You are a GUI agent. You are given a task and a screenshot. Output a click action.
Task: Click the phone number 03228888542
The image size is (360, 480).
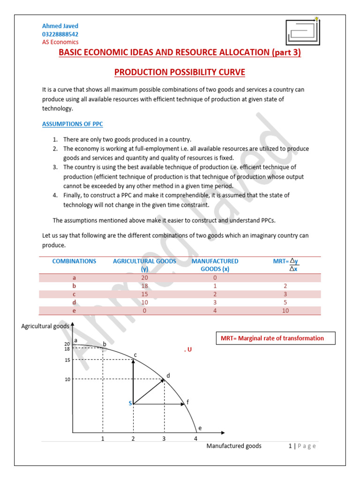tap(60, 34)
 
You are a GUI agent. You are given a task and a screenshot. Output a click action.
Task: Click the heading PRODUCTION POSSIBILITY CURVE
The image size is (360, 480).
tap(180, 72)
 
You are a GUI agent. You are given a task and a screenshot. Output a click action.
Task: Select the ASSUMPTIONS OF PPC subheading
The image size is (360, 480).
tap(73, 124)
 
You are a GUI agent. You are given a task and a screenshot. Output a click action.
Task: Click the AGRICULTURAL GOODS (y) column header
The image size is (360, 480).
tap(144, 265)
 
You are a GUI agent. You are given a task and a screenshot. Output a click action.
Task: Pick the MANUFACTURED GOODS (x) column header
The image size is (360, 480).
tap(215, 265)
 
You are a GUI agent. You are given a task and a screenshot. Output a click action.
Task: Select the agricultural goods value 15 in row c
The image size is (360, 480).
tap(144, 294)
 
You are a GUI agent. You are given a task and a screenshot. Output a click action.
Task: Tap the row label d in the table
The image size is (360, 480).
tap(74, 302)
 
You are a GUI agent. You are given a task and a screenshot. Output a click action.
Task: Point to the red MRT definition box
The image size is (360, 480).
tap(276, 338)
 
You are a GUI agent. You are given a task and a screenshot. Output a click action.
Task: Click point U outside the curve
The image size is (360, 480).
tap(189, 350)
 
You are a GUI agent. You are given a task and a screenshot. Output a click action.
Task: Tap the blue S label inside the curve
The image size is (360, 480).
tap(130, 403)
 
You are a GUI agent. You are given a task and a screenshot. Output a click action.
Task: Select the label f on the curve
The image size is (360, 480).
tap(187, 402)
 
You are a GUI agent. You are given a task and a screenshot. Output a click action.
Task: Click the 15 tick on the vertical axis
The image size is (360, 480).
tap(67, 360)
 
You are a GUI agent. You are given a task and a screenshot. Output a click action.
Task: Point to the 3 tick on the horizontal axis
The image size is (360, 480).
tap(164, 439)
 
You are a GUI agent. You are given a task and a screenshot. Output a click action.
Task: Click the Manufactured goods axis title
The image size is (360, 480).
tap(234, 446)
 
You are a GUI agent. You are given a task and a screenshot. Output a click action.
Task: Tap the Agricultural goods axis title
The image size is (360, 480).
tap(45, 326)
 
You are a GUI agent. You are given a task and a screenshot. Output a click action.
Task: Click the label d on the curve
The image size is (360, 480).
tap(168, 375)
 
